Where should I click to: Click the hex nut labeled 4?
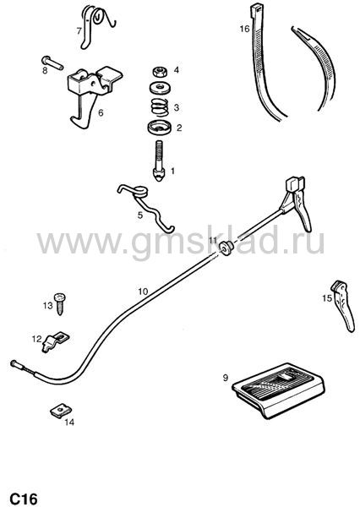tap(160, 72)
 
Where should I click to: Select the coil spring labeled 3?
tap(160, 107)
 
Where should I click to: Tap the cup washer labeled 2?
tap(160, 127)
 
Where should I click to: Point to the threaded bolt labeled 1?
tap(160, 161)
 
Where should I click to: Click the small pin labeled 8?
tap(52, 63)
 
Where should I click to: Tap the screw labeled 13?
tap(60, 303)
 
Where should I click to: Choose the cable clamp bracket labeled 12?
tap(55, 341)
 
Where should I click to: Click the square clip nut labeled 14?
tap(61, 411)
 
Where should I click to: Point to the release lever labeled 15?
tap(344, 306)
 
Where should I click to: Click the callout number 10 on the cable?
tap(143, 292)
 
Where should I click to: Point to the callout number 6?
tap(101, 113)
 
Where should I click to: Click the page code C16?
tap(24, 499)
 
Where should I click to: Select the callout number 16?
tap(244, 29)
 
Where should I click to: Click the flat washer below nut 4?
tap(160, 88)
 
